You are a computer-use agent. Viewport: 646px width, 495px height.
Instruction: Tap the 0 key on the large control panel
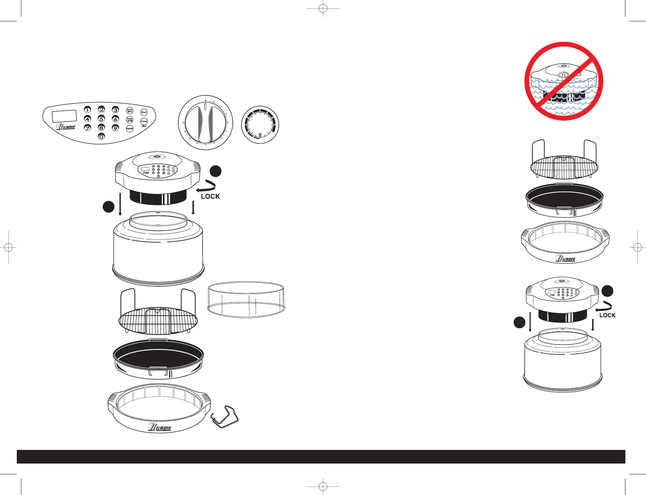[x=101, y=137]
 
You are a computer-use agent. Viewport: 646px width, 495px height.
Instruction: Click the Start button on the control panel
[x=144, y=112]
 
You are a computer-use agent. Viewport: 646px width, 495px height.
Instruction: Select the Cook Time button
[x=130, y=110]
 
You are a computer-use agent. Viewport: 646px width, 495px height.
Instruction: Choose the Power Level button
[x=130, y=120]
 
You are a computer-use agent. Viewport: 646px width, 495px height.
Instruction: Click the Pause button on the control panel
[x=144, y=121]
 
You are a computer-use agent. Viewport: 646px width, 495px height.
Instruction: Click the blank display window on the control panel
[x=64, y=116]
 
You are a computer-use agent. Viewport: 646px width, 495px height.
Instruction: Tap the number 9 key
[x=115, y=128]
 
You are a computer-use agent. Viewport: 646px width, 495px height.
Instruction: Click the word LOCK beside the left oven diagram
[x=210, y=196]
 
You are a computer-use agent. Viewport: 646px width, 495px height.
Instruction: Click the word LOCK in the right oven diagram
[x=608, y=315]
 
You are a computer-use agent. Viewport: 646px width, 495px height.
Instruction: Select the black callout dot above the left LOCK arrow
[x=216, y=171]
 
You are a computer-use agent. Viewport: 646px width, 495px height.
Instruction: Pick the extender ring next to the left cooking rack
[x=246, y=300]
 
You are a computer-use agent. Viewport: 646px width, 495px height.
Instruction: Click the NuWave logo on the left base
[x=160, y=428]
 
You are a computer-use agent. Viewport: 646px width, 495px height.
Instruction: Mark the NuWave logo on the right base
[x=566, y=259]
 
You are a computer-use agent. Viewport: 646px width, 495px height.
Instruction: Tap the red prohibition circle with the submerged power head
[x=564, y=81]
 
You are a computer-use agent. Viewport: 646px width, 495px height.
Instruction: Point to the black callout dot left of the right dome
[x=519, y=322]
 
